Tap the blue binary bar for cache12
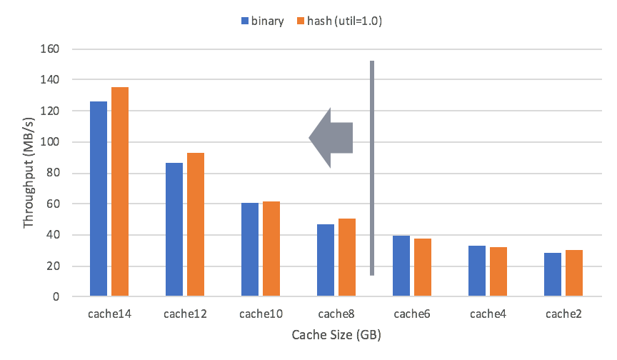pos(174,229)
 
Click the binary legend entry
pos(263,21)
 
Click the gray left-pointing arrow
pos(331,138)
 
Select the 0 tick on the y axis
pos(57,296)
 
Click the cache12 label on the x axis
pos(185,314)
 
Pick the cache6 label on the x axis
pos(411,314)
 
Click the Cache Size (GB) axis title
pos(336,334)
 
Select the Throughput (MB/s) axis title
pos(29,173)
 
